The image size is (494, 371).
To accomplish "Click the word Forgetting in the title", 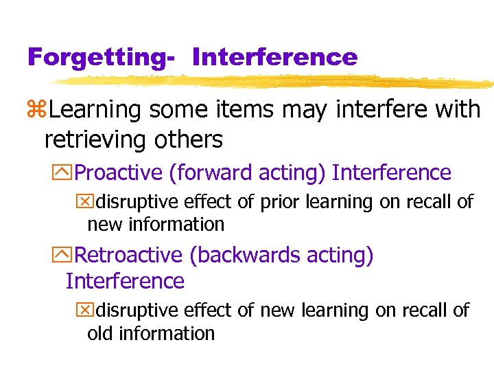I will [96, 56].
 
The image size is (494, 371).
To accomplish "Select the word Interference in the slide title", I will [275, 56].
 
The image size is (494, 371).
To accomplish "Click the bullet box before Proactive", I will [65, 172].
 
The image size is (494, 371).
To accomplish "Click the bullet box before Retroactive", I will [65, 255].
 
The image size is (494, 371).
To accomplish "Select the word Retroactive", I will [128, 255].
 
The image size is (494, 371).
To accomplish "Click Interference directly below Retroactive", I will [125, 281].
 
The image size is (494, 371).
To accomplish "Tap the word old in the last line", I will [99, 333].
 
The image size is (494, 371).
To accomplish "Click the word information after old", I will [166, 333].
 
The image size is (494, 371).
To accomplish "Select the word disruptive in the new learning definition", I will [139, 311].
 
